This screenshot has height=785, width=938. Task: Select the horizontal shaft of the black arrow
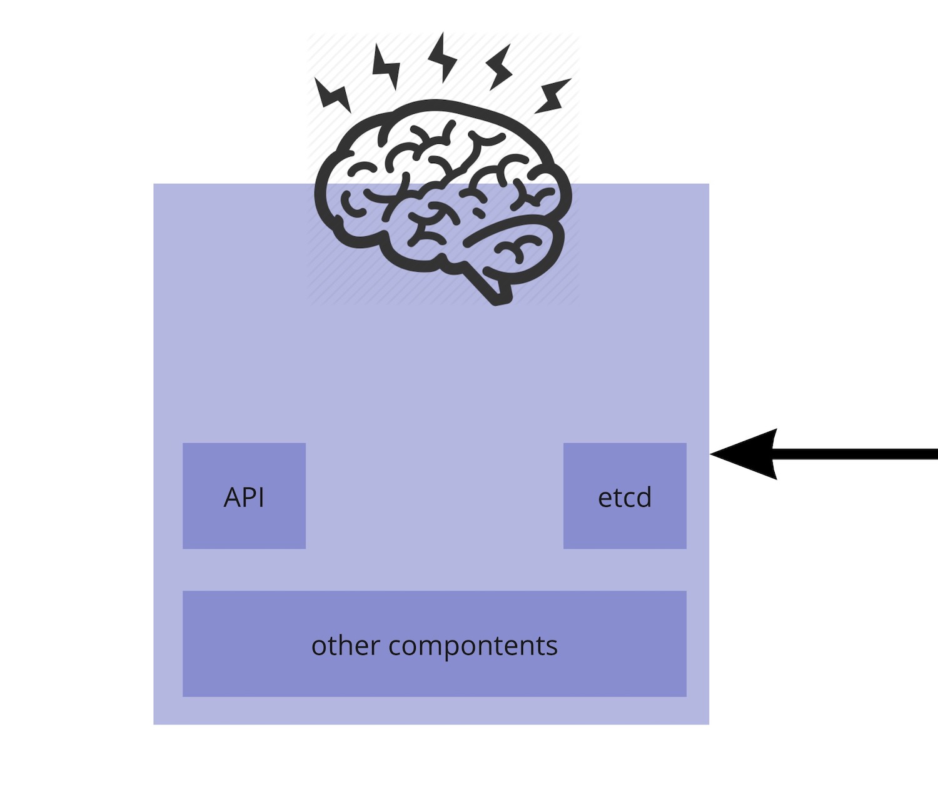tap(857, 454)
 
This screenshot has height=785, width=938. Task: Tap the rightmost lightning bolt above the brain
tap(553, 96)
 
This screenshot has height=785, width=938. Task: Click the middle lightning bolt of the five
tap(443, 57)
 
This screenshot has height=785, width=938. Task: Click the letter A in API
tap(233, 497)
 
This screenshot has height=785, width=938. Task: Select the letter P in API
tap(249, 497)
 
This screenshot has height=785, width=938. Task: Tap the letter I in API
tap(261, 497)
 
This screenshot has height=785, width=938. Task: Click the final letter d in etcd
tap(644, 497)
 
